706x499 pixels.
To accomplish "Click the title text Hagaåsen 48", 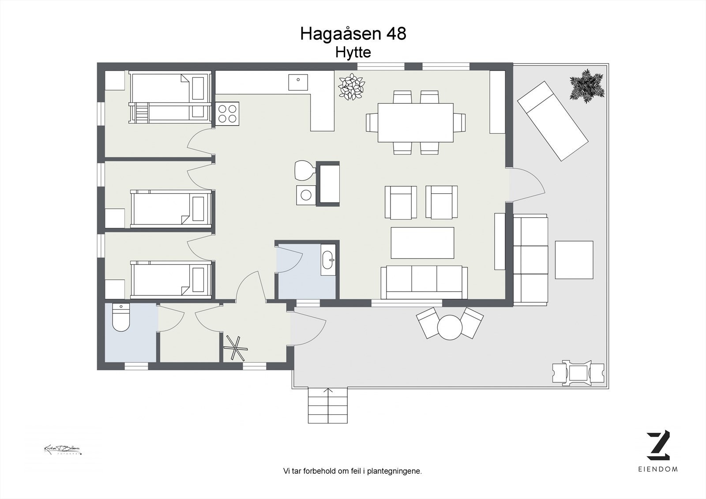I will pos(353,34).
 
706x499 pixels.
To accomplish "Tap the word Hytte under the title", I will pos(353,53).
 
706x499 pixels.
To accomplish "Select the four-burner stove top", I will pos(227,113).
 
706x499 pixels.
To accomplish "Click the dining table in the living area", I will pos(416,122).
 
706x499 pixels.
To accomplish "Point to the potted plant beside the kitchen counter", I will pos(351,86).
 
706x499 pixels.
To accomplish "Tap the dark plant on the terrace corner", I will pos(586,85).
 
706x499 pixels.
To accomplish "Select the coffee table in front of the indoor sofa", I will pos(422,243).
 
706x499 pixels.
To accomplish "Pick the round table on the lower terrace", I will pos(450,327).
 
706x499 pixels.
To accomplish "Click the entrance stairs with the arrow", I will pos(327,405).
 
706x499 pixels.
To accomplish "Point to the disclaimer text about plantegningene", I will pos(353,471).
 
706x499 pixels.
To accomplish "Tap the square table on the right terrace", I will pos(574,259).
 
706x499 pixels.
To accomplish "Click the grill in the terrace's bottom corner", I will pos(578,373).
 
